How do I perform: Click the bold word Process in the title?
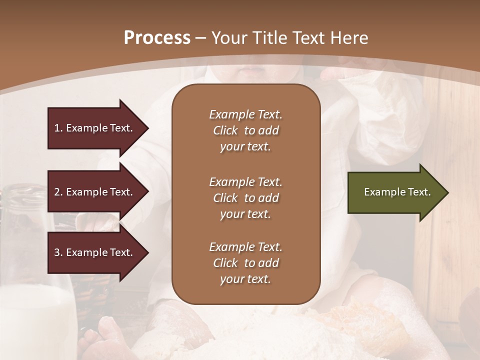coord(157,38)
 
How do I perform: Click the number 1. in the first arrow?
coord(58,128)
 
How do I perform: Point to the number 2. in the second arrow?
coord(58,192)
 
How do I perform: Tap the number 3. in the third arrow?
coord(58,252)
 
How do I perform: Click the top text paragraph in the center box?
coord(245,130)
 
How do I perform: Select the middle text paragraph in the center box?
coord(245,198)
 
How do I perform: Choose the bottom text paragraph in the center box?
coord(245,263)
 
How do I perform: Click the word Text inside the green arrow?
coord(419,192)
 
